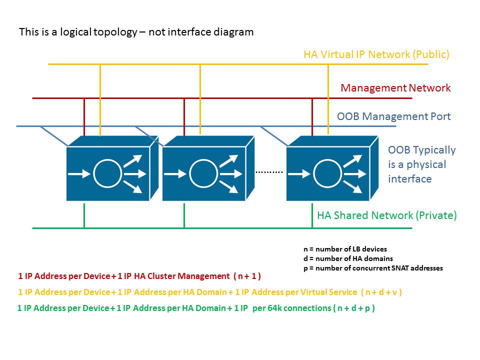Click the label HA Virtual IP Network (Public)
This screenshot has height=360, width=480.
pyautogui.click(x=376, y=54)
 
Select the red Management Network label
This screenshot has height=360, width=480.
pyautogui.click(x=395, y=88)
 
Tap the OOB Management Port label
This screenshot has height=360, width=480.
pyautogui.click(x=393, y=117)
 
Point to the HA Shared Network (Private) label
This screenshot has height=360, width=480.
pyautogui.click(x=386, y=215)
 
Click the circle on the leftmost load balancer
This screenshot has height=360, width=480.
pyautogui.click(x=107, y=173)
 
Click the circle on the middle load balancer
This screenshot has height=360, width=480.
pyautogui.click(x=203, y=173)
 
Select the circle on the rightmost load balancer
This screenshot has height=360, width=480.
pyautogui.click(x=327, y=173)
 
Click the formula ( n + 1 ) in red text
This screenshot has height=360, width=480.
pyautogui.click(x=247, y=276)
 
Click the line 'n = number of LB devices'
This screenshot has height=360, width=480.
pyautogui.click(x=345, y=249)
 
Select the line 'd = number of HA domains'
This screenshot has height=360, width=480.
pyautogui.click(x=348, y=258)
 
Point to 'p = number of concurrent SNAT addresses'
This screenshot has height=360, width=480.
pyautogui.click(x=373, y=268)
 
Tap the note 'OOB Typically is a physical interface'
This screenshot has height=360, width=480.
pyautogui.click(x=421, y=164)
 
